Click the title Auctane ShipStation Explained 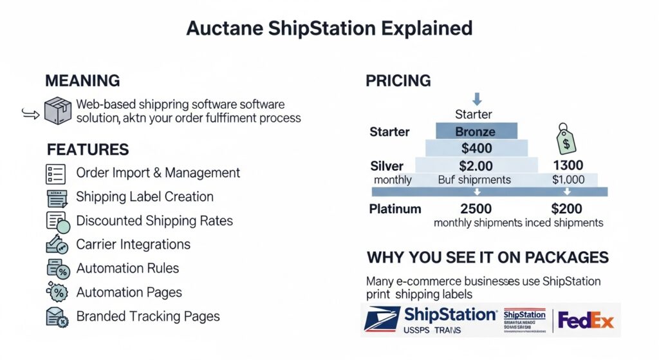coord(329,28)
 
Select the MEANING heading coord(82,81)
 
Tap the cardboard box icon coord(57,110)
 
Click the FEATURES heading coord(88,149)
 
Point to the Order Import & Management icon coord(57,173)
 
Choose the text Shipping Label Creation coord(145,196)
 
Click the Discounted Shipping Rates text coord(154,220)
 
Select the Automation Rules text coord(127,268)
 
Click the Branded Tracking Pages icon coord(57,316)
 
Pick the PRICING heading coord(398,81)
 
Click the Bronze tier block coord(475,131)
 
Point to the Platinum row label coord(395,209)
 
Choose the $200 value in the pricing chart coord(566,209)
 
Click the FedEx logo coord(586,320)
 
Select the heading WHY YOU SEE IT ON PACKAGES coord(487,258)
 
